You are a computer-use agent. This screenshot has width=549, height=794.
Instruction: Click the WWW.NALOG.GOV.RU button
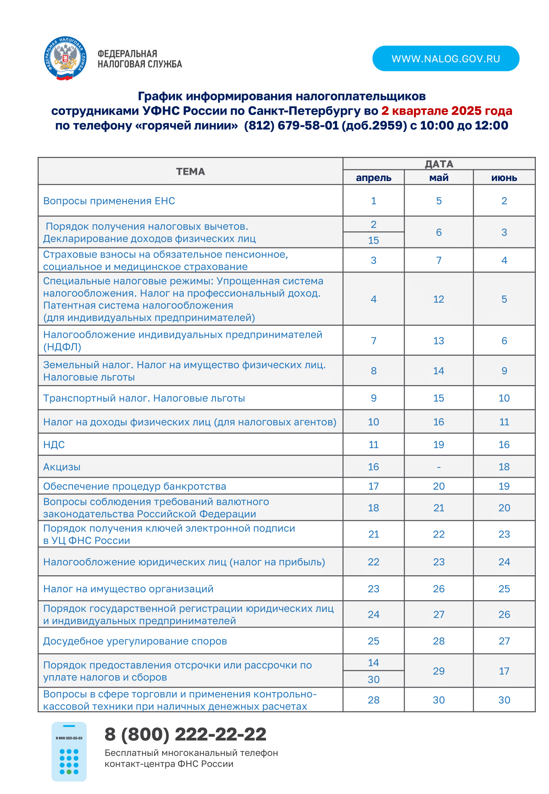click(x=445, y=59)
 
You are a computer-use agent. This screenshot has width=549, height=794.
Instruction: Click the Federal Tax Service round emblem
click(x=66, y=59)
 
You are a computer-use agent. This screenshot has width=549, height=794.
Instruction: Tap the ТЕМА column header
click(x=190, y=171)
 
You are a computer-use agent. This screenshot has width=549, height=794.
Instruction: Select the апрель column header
click(x=373, y=178)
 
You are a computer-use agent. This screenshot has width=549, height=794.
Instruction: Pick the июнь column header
click(x=504, y=178)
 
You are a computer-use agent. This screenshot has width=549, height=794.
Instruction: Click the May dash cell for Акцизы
click(x=438, y=467)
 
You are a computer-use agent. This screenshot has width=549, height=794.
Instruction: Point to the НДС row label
click(x=54, y=444)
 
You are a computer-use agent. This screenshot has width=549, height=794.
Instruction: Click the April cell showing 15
click(x=373, y=240)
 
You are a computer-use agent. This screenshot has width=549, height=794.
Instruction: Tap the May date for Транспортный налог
click(x=438, y=398)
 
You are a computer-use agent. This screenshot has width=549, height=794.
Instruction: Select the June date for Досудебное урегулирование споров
click(x=504, y=641)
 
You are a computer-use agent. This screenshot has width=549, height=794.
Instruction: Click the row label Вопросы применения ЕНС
click(x=109, y=201)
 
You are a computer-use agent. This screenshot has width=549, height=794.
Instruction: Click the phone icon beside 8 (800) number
click(x=69, y=751)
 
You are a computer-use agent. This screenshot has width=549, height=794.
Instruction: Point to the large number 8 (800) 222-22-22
click(x=186, y=734)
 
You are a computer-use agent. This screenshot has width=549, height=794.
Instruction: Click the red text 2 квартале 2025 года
click(x=447, y=111)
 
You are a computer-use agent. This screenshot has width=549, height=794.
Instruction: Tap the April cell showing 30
click(x=373, y=679)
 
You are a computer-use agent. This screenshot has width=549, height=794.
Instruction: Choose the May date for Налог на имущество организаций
click(x=438, y=589)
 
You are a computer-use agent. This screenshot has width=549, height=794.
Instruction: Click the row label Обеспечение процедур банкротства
click(x=135, y=486)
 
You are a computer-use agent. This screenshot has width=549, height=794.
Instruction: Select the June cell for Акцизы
click(x=504, y=467)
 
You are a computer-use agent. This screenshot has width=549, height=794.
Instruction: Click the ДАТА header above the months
click(x=439, y=164)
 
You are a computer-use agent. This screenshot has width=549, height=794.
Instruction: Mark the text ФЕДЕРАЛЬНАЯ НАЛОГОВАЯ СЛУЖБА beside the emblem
click(x=139, y=59)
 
